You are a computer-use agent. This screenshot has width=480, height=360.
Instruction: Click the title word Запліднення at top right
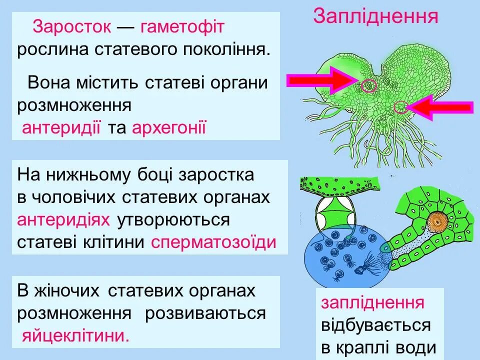375,16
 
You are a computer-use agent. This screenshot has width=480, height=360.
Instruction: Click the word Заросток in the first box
71,26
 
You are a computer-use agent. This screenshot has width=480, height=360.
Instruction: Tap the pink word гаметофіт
182,26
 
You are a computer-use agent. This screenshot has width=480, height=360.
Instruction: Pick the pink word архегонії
169,128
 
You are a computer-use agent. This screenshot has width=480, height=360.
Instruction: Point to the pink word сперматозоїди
213,242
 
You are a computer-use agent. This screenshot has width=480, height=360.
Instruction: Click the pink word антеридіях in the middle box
64,219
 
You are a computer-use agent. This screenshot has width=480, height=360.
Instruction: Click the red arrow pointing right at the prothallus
320,80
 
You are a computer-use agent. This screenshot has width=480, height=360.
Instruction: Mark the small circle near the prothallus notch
369,86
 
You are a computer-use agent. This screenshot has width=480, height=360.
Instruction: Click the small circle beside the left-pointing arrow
400,107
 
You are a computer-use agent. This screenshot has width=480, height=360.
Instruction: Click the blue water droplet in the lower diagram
340,255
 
